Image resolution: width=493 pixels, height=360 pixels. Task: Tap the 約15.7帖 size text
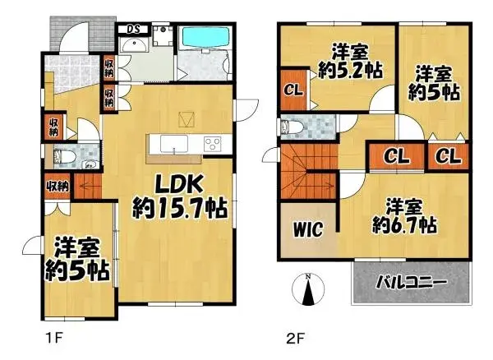(180, 209)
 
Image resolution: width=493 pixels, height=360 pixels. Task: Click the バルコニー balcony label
(412, 282)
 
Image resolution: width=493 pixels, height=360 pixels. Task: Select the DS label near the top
(131, 30)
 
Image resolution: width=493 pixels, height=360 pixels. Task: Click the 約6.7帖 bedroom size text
(403, 224)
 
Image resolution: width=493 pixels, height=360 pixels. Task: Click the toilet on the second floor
(290, 127)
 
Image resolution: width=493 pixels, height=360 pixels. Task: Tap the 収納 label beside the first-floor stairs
(57, 186)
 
